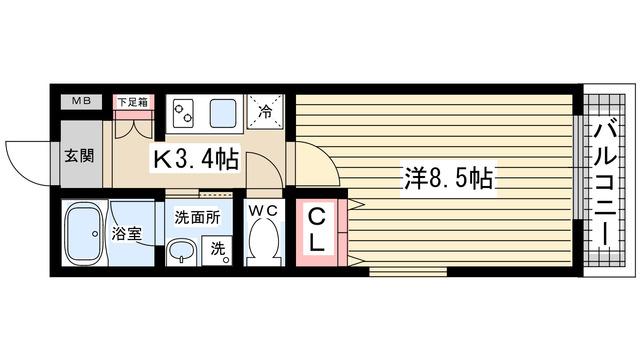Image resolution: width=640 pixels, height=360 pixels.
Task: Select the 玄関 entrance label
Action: click(x=80, y=156)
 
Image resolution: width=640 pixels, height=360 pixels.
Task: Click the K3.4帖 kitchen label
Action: click(x=195, y=157)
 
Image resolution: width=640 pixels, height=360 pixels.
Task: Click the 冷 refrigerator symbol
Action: click(x=266, y=112)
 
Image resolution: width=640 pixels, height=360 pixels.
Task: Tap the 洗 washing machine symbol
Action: click(x=218, y=250)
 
